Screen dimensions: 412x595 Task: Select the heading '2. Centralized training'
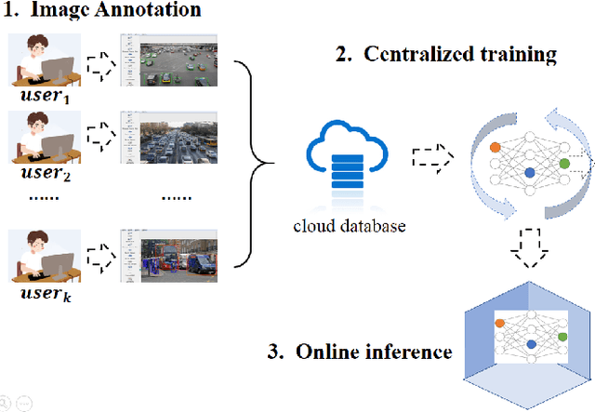point(446,54)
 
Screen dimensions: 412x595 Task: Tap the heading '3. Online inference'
point(362,352)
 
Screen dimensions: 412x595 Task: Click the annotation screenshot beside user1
point(168,61)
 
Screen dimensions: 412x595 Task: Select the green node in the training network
point(564,164)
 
